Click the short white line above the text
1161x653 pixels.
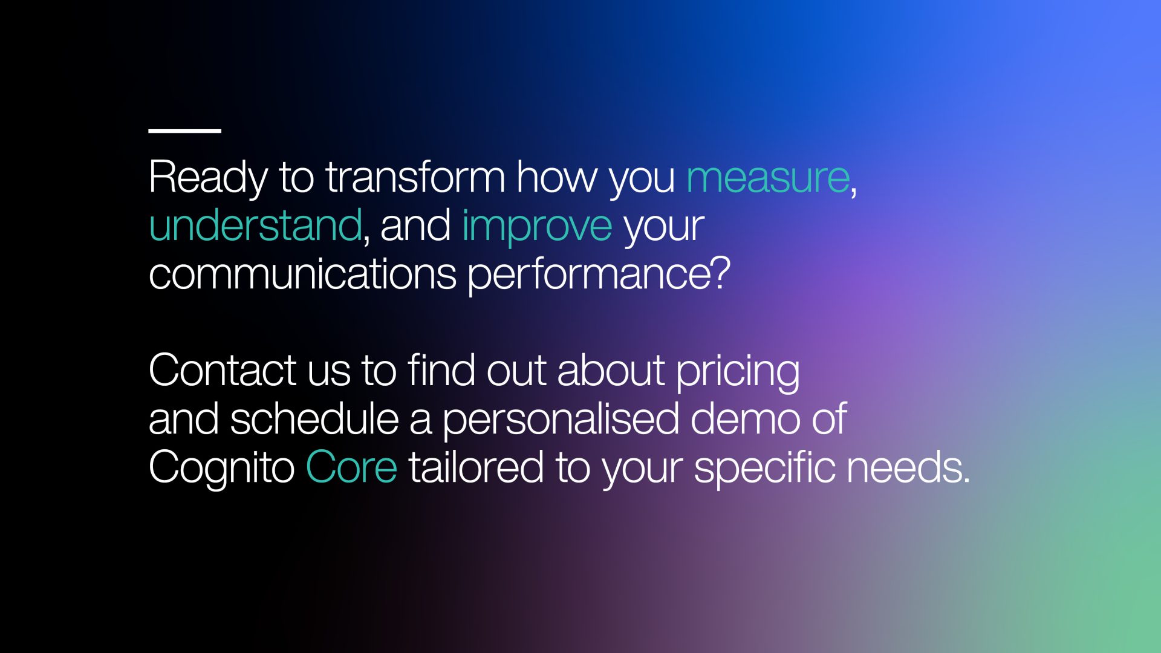(184, 130)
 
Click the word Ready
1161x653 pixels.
(208, 178)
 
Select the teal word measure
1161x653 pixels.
(768, 178)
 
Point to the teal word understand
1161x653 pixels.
(255, 225)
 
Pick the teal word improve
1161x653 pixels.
(537, 227)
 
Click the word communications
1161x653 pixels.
(302, 274)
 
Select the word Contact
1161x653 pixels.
(223, 371)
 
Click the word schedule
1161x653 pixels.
(314, 419)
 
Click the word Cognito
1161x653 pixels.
(222, 469)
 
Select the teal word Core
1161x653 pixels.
(351, 467)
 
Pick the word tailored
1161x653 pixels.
(476, 467)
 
